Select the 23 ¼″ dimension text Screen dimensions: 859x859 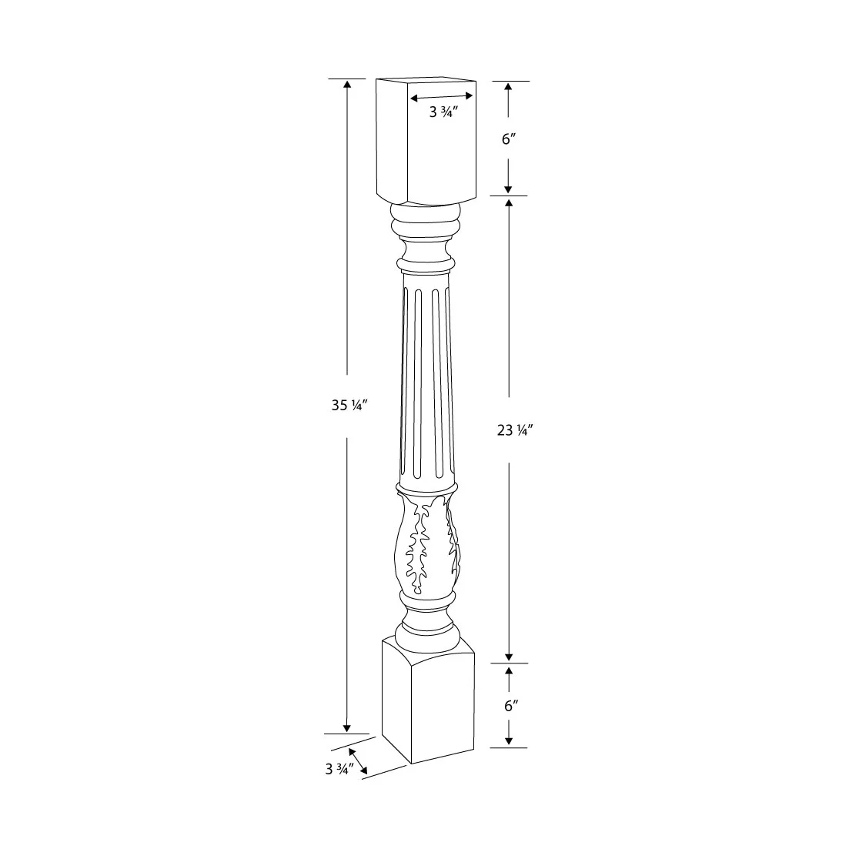[x=515, y=431]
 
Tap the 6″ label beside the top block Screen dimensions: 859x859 [x=508, y=139]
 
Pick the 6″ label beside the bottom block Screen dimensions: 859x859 [x=508, y=705]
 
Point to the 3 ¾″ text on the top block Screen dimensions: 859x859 [x=443, y=112]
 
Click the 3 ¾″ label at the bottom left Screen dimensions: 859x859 [x=339, y=768]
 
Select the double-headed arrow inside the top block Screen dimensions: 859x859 [x=442, y=96]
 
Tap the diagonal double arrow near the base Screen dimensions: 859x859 [x=357, y=760]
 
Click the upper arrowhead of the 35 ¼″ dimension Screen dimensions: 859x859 [x=347, y=85]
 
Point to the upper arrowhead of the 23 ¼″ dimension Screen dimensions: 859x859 [x=508, y=203]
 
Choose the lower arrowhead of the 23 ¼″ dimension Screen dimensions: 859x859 [x=508, y=656]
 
